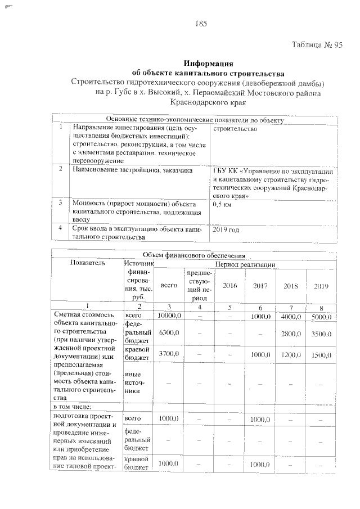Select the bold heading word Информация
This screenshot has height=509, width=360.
click(x=209, y=64)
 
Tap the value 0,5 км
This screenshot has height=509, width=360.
click(x=224, y=205)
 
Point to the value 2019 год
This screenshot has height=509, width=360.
click(x=226, y=229)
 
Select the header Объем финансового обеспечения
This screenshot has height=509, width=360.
click(x=195, y=256)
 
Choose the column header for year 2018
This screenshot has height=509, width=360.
click(x=291, y=286)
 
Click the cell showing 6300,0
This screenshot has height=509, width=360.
click(x=169, y=333)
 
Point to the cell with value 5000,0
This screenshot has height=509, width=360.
click(x=321, y=317)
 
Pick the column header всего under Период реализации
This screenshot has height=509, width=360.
click(x=169, y=286)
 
